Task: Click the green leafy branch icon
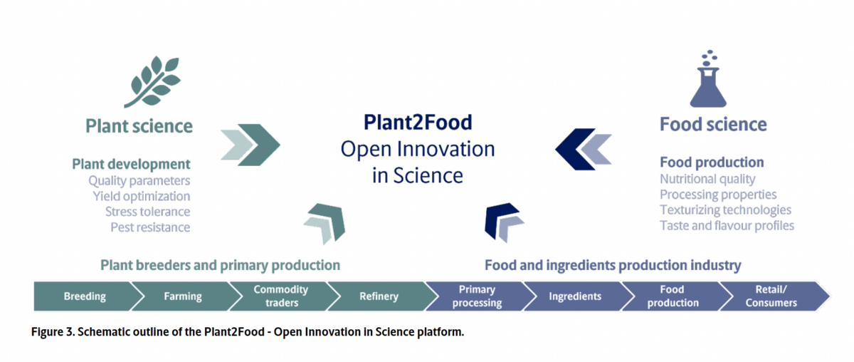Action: pos(152,81)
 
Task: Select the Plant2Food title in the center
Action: pos(418,122)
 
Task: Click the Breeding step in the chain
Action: pos(85,296)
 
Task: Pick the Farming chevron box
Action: pos(183,296)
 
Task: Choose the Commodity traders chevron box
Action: pos(281,296)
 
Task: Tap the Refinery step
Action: pos(379,296)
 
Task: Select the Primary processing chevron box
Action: pos(478,296)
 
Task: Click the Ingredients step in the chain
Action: pos(575,296)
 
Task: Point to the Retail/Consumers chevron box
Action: pos(771,296)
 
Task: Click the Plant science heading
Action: pos(139,126)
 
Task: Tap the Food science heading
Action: pos(713,125)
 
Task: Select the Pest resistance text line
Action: pos(150,227)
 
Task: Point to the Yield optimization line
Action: pos(142,196)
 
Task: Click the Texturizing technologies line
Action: pos(725,210)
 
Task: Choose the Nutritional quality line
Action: pos(707,179)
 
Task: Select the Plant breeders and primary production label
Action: pos(221,265)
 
